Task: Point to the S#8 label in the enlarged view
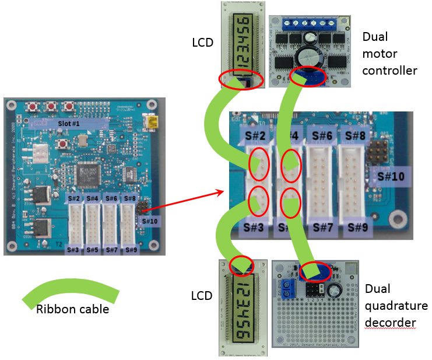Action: pos(355,137)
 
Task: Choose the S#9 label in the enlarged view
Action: pos(356,226)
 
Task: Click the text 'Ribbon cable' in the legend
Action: pos(73,309)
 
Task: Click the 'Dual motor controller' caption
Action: pos(389,54)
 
